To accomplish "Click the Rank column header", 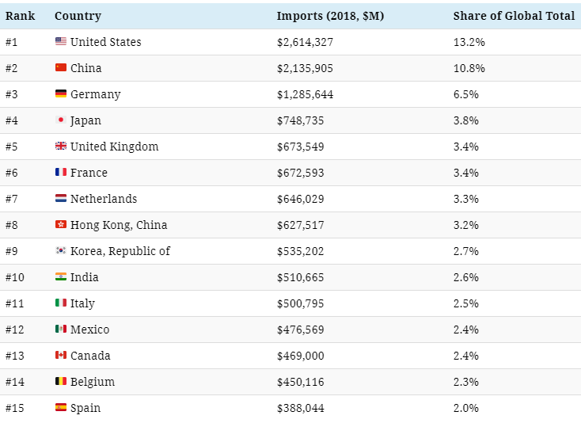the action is pyautogui.click(x=20, y=16).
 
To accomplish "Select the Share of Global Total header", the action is pyautogui.click(x=514, y=16).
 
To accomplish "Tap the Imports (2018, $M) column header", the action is pyautogui.click(x=330, y=16).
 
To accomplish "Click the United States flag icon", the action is pyautogui.click(x=61, y=41).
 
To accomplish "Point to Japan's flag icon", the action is pyautogui.click(x=61, y=120).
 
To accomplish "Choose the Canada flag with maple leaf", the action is pyautogui.click(x=61, y=355).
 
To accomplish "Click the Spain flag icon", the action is pyautogui.click(x=61, y=407).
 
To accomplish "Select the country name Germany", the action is pyautogui.click(x=95, y=94).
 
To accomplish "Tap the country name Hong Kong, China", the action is pyautogui.click(x=119, y=225).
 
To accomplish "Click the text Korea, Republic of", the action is pyautogui.click(x=120, y=251).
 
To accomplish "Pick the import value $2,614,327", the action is pyautogui.click(x=305, y=42).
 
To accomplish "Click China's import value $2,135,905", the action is pyautogui.click(x=305, y=68).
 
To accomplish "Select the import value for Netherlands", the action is pyautogui.click(x=301, y=199).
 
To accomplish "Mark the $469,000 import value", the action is pyautogui.click(x=301, y=356).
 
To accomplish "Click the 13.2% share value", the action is pyautogui.click(x=469, y=42).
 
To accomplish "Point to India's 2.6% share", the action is pyautogui.click(x=465, y=277).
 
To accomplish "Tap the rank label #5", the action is pyautogui.click(x=12, y=147).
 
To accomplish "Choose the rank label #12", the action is pyautogui.click(x=15, y=330).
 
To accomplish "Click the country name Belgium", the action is pyautogui.click(x=93, y=382).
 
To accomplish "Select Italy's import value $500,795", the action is pyautogui.click(x=301, y=303).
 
